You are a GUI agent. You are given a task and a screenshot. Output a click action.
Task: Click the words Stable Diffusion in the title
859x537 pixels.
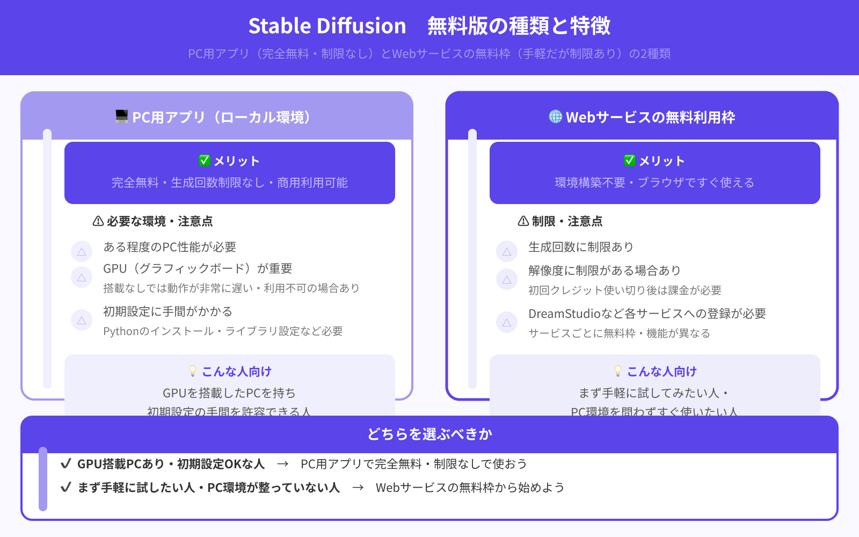[x=327, y=26]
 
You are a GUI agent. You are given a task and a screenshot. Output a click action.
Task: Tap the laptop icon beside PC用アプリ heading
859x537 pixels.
[x=122, y=117]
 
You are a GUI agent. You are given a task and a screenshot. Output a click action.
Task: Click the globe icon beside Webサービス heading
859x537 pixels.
[x=555, y=117]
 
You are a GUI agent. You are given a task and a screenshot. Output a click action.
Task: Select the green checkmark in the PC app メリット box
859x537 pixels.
[x=204, y=161]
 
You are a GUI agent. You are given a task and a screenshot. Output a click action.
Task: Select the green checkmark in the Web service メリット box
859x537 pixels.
[x=629, y=161]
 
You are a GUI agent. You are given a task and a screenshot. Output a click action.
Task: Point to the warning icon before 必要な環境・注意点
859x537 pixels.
[x=98, y=221]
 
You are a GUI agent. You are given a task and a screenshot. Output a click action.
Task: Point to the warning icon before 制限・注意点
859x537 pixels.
[x=523, y=221]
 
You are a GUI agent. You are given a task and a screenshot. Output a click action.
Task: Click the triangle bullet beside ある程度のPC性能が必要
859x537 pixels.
[x=82, y=251]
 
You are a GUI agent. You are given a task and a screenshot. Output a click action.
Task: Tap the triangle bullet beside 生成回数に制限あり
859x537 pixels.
[x=507, y=251]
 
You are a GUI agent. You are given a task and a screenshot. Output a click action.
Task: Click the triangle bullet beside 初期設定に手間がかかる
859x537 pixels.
[x=82, y=321]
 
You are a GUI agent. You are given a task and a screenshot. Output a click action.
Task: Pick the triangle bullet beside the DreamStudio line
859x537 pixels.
[x=507, y=323]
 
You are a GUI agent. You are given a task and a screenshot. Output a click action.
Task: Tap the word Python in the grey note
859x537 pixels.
[x=121, y=331]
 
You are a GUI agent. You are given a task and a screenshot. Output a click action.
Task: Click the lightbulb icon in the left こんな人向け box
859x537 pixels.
[x=193, y=371]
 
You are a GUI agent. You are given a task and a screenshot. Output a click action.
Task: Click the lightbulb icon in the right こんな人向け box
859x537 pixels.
[x=618, y=371]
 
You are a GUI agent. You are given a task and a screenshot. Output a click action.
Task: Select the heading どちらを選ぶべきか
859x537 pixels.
[x=429, y=434]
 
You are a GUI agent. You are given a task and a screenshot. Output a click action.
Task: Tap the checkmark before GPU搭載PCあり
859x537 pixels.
[x=66, y=463]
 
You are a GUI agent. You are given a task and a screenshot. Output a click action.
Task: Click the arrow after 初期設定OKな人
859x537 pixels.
[x=283, y=464]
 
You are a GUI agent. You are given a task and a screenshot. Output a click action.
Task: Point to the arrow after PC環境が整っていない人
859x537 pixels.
[x=358, y=488]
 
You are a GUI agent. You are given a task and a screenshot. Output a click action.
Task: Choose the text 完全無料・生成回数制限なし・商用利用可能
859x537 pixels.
[x=230, y=183]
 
